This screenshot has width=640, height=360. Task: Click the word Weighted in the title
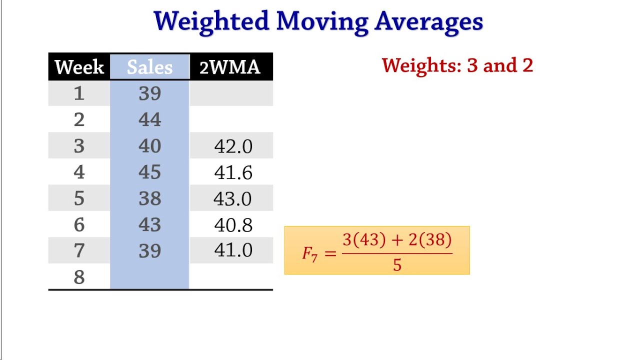pyautogui.click(x=212, y=21)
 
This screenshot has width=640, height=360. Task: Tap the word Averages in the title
pyautogui.click(x=428, y=21)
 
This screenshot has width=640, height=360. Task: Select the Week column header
pyautogui.click(x=79, y=67)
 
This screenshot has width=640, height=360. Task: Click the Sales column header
pyautogui.click(x=149, y=67)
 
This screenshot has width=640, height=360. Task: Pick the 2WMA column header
pyautogui.click(x=230, y=67)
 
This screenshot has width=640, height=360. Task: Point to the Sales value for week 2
pyautogui.click(x=149, y=119)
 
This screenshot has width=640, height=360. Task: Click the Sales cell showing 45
pyautogui.click(x=149, y=172)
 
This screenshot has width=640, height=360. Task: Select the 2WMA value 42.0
pyautogui.click(x=233, y=146)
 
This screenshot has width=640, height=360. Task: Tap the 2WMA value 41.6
pyautogui.click(x=233, y=173)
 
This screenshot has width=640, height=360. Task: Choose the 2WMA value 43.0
pyautogui.click(x=232, y=199)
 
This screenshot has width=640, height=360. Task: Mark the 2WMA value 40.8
pyautogui.click(x=233, y=225)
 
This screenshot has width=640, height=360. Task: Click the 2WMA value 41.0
pyautogui.click(x=233, y=250)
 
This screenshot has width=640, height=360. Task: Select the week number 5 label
pyautogui.click(x=79, y=198)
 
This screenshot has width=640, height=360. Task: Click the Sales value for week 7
pyautogui.click(x=149, y=250)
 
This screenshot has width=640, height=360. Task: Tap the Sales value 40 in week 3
pyautogui.click(x=149, y=146)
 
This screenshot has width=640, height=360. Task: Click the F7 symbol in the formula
pyautogui.click(x=309, y=253)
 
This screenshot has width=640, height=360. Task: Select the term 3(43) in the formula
pyautogui.click(x=364, y=240)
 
